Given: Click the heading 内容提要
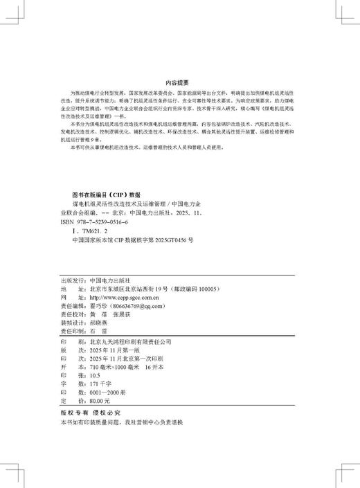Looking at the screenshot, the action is [x=179, y=81].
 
